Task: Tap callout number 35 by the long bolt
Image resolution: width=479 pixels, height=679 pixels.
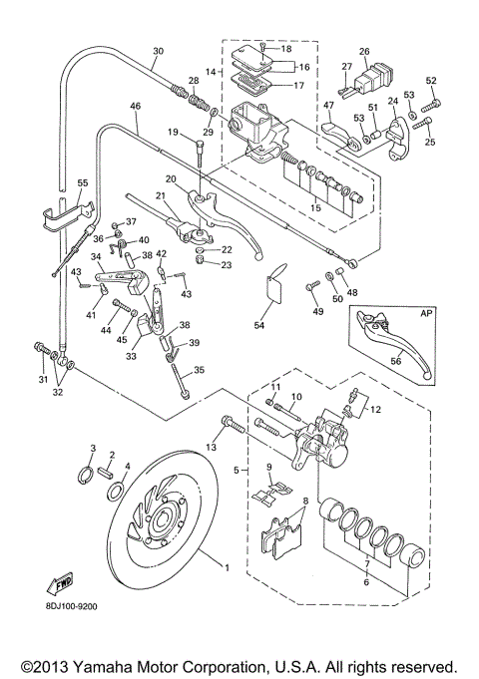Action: point(199,370)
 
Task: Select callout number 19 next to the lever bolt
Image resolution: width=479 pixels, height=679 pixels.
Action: point(173,132)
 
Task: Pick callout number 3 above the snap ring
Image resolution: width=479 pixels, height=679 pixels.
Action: point(93,449)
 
